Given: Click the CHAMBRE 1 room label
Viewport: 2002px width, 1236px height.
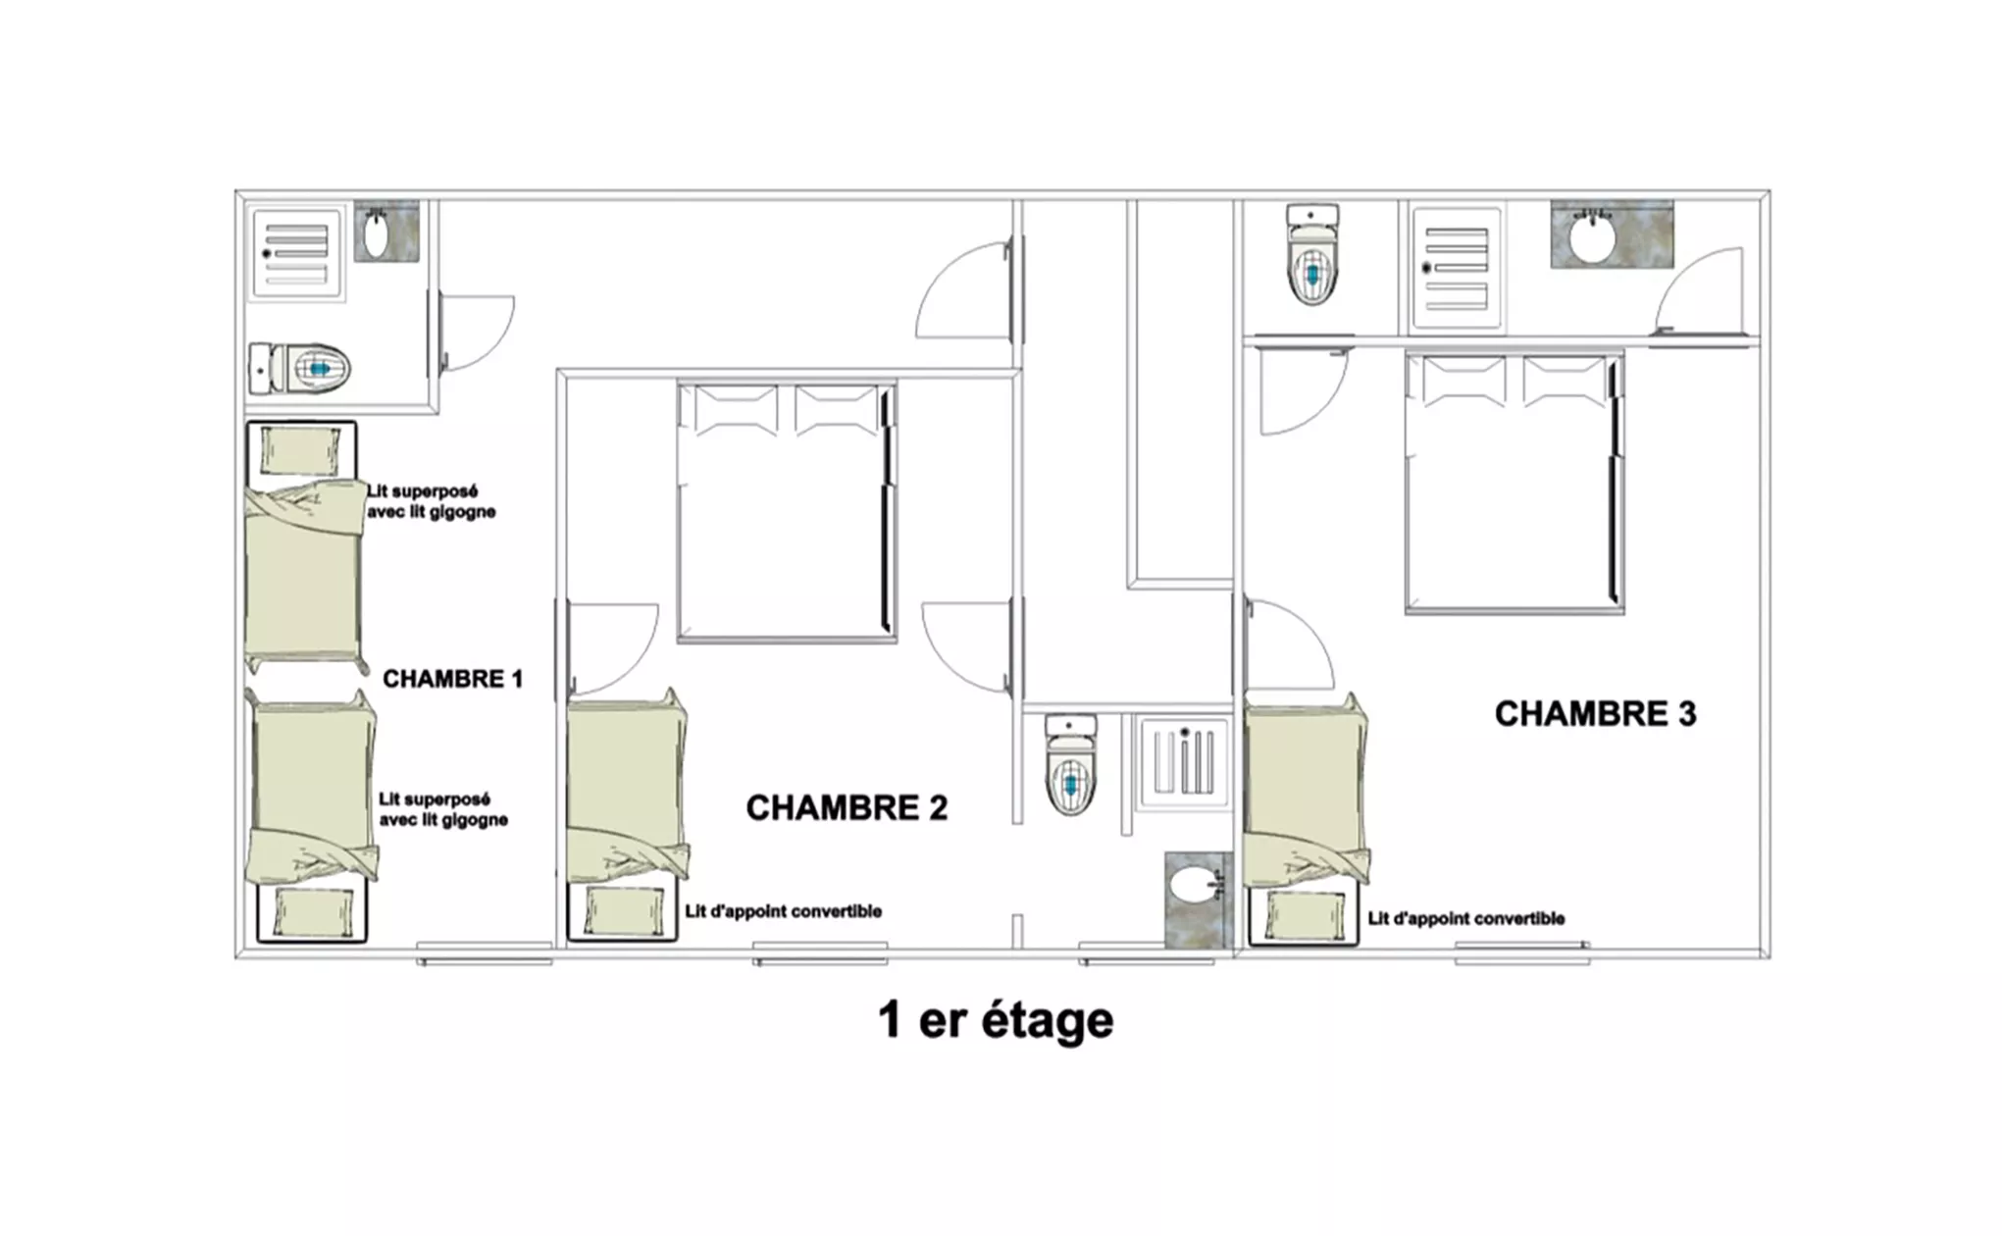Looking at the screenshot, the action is (x=452, y=679).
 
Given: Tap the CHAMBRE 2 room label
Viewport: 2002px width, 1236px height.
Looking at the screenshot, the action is (x=847, y=807).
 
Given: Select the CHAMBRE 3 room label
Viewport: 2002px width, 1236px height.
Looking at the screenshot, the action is (x=1595, y=713).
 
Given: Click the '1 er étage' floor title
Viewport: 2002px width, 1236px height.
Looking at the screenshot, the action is (x=996, y=1019).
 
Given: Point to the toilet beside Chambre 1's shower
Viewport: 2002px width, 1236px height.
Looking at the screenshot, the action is (x=299, y=368).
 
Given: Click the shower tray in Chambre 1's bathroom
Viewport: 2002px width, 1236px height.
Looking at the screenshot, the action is (x=295, y=252).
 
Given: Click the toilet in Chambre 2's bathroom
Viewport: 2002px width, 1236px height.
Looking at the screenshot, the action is (x=1070, y=765).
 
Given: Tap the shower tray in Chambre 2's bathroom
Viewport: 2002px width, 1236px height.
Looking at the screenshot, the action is (x=1183, y=761).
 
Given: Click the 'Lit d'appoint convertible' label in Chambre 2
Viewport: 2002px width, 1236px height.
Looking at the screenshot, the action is (x=783, y=911).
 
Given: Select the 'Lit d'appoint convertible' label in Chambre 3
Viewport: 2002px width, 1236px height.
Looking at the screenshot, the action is (x=1466, y=918).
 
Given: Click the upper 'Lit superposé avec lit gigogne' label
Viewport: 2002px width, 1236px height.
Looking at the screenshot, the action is (x=432, y=501).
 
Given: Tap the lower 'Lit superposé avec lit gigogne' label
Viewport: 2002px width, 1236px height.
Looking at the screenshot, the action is (x=443, y=809).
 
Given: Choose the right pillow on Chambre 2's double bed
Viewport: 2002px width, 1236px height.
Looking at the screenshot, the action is (x=837, y=410).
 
